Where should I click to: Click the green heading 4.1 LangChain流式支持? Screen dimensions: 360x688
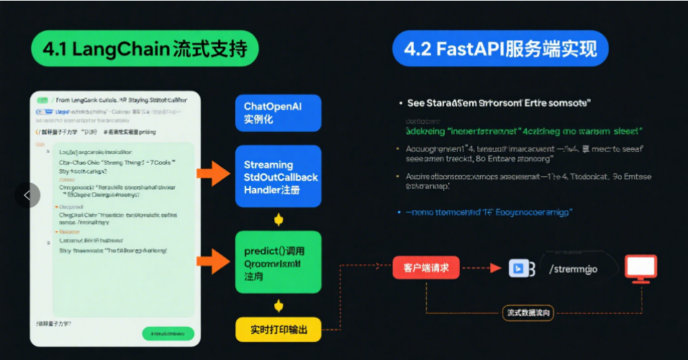pos(145,49)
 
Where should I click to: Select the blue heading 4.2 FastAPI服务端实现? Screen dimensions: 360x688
pos(500,49)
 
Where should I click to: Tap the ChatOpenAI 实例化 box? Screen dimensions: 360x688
pos(278,112)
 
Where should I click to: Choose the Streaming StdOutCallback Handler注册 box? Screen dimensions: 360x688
pos(278,177)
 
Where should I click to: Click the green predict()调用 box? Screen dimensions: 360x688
pos(278,262)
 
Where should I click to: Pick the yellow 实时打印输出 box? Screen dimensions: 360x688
pos(279,329)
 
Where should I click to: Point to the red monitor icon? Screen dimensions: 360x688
pos(640,268)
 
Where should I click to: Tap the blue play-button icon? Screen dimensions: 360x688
pos(517,269)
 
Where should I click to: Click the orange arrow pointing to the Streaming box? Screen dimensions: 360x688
pos(213,174)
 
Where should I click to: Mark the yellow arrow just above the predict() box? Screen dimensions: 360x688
pos(279,220)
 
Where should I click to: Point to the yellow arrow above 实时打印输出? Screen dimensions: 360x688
pos(279,305)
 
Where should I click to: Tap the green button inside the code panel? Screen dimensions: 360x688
pos(168,333)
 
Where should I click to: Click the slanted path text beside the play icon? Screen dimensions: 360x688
pos(573,269)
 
